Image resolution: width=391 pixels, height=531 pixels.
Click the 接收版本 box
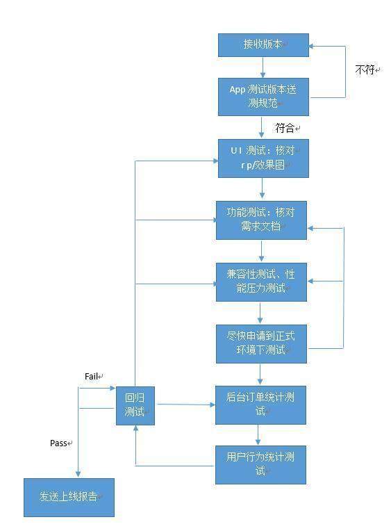263,45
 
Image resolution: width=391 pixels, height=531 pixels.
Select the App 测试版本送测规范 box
263,97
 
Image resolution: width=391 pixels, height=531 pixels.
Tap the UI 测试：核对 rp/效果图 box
263,158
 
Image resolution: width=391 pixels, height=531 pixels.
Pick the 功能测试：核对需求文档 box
261,220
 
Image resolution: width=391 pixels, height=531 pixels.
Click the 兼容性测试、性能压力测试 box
261,281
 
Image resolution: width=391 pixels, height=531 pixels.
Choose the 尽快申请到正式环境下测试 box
261,344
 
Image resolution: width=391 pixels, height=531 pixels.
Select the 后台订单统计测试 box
260,405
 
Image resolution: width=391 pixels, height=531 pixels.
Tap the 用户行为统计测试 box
260,464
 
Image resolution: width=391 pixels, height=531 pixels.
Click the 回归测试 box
135,406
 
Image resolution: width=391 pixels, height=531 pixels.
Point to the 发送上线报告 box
69,498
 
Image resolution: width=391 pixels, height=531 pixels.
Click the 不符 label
365,70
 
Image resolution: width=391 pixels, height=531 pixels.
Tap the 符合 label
285,128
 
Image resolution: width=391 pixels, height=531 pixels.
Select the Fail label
91,376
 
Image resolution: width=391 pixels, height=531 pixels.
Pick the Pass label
58,443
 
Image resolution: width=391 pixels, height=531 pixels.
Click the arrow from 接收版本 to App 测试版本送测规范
263,67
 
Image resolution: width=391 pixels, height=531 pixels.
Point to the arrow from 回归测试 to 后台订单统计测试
185,405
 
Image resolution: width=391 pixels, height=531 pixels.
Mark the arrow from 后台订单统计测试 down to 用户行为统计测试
258,435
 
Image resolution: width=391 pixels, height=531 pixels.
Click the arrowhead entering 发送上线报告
78,474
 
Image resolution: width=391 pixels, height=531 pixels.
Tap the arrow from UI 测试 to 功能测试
262,188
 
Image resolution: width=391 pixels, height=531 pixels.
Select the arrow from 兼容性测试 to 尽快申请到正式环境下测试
260,313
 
